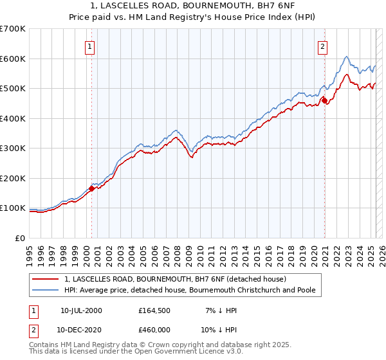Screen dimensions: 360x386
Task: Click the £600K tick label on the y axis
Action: click(x=13, y=59)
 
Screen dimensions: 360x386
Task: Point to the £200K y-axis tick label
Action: click(x=13, y=178)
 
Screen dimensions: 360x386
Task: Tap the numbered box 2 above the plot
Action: click(x=322, y=46)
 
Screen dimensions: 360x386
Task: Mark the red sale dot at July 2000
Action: click(x=92, y=188)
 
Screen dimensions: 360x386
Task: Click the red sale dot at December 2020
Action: click(x=325, y=100)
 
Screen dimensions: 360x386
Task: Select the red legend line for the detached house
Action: click(x=46, y=279)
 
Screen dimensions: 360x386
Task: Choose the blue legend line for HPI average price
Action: click(x=46, y=291)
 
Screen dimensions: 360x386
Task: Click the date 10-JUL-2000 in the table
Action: click(x=81, y=310)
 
